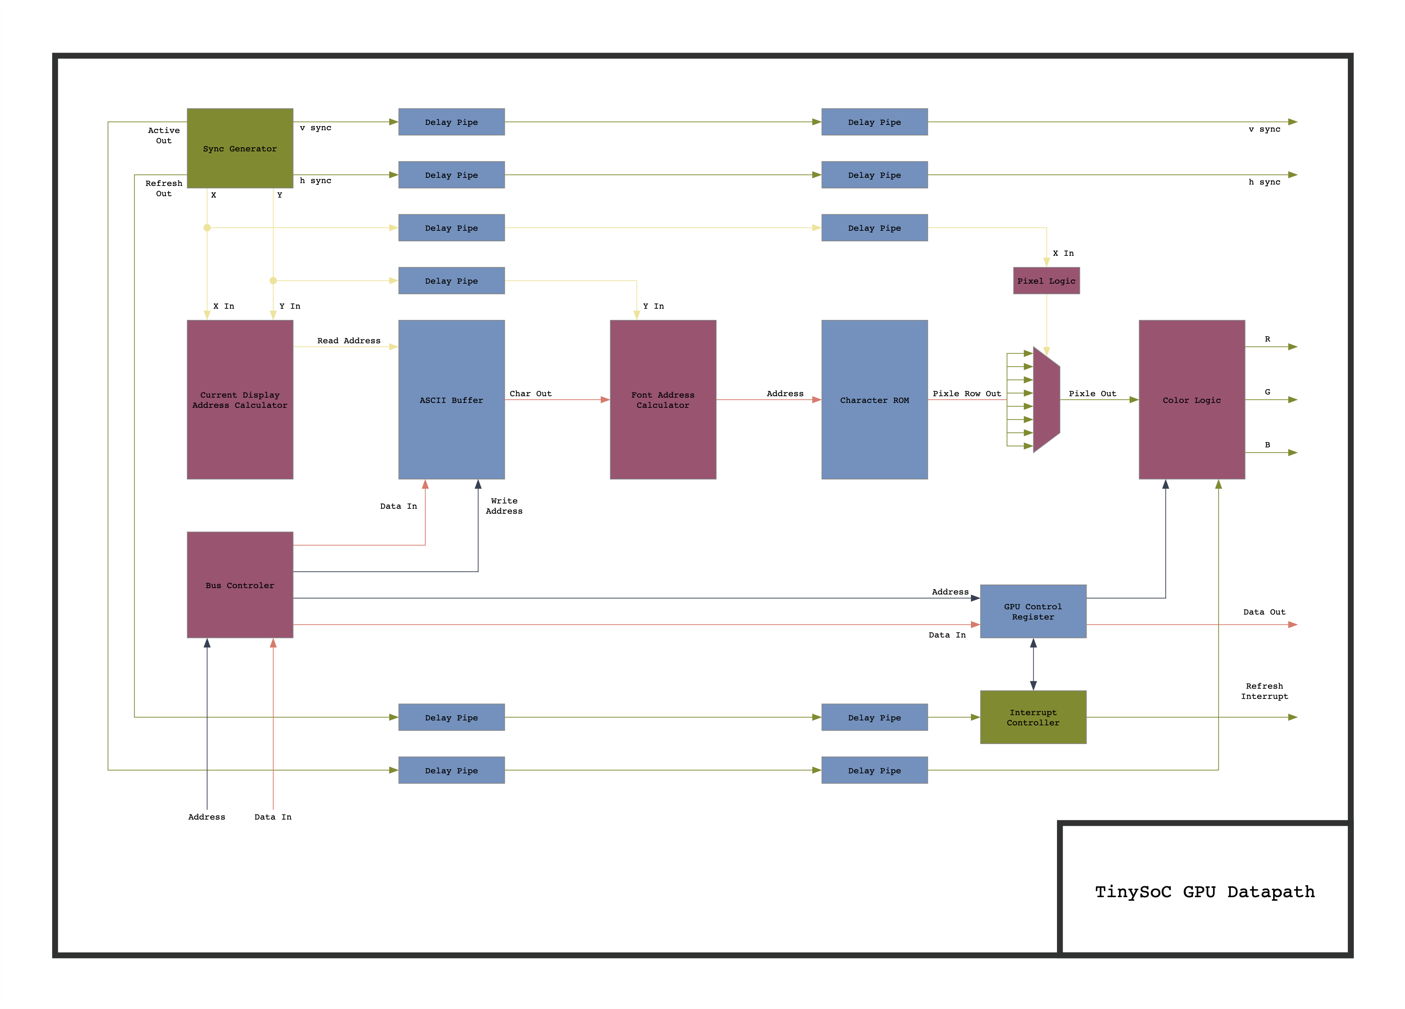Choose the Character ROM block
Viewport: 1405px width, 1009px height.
pyautogui.click(x=874, y=400)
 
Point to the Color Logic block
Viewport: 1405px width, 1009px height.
pyautogui.click(x=1191, y=400)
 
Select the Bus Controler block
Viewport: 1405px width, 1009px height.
pyautogui.click(x=240, y=585)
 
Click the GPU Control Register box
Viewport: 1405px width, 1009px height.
pyautogui.click(x=1033, y=611)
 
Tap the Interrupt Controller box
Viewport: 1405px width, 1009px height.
pyautogui.click(x=1033, y=717)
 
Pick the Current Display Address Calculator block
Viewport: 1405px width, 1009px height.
pyautogui.click(x=240, y=400)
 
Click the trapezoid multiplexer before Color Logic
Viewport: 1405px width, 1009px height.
pyautogui.click(x=1046, y=400)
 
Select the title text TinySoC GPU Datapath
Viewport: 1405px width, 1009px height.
pyautogui.click(x=1204, y=891)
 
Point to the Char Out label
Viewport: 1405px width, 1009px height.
pyautogui.click(x=530, y=394)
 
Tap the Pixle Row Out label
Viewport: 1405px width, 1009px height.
pyautogui.click(x=966, y=394)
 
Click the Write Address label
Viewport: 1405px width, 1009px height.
pyautogui.click(x=503, y=506)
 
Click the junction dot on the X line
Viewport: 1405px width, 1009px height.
pyautogui.click(x=207, y=228)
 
